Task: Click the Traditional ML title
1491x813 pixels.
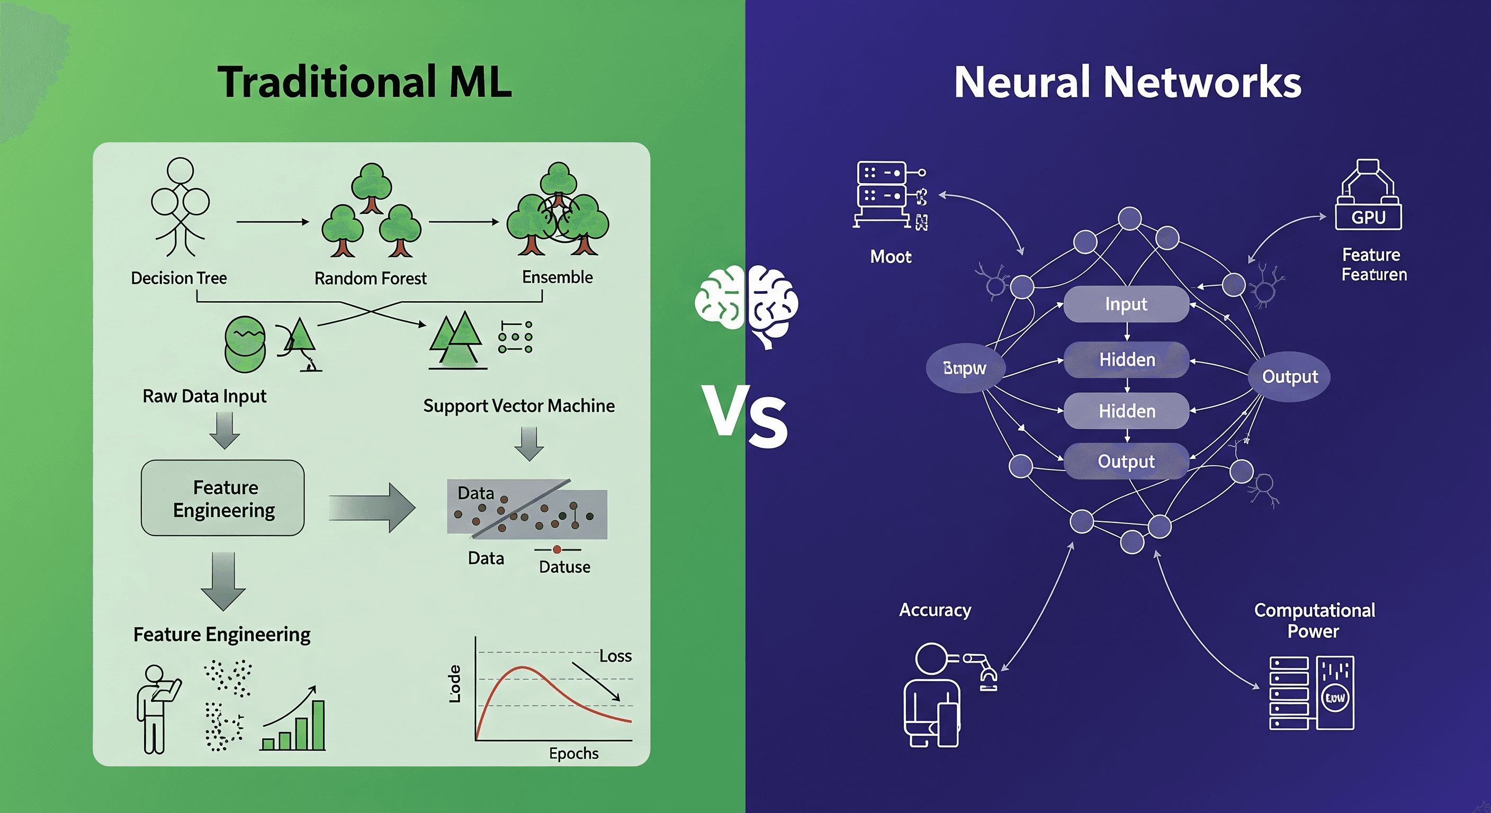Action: click(365, 82)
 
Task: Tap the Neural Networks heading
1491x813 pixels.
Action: click(1127, 82)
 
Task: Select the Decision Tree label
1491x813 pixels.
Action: click(179, 278)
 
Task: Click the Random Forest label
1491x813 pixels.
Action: click(371, 279)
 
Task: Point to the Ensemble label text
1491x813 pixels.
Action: click(558, 277)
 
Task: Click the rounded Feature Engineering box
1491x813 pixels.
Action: click(223, 498)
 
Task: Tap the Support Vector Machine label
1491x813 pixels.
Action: click(518, 405)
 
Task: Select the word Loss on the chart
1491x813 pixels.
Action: click(615, 656)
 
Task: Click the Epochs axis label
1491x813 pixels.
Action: click(573, 753)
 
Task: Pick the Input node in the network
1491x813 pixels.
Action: click(1126, 304)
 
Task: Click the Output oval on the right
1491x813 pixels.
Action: click(1290, 377)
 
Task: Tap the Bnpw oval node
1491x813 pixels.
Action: click(965, 368)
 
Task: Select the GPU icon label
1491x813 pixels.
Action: click(1368, 218)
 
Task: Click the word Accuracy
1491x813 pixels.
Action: click(935, 610)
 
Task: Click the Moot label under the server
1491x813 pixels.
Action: click(891, 257)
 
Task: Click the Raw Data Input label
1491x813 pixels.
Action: click(204, 396)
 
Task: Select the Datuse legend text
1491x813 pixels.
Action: click(564, 566)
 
